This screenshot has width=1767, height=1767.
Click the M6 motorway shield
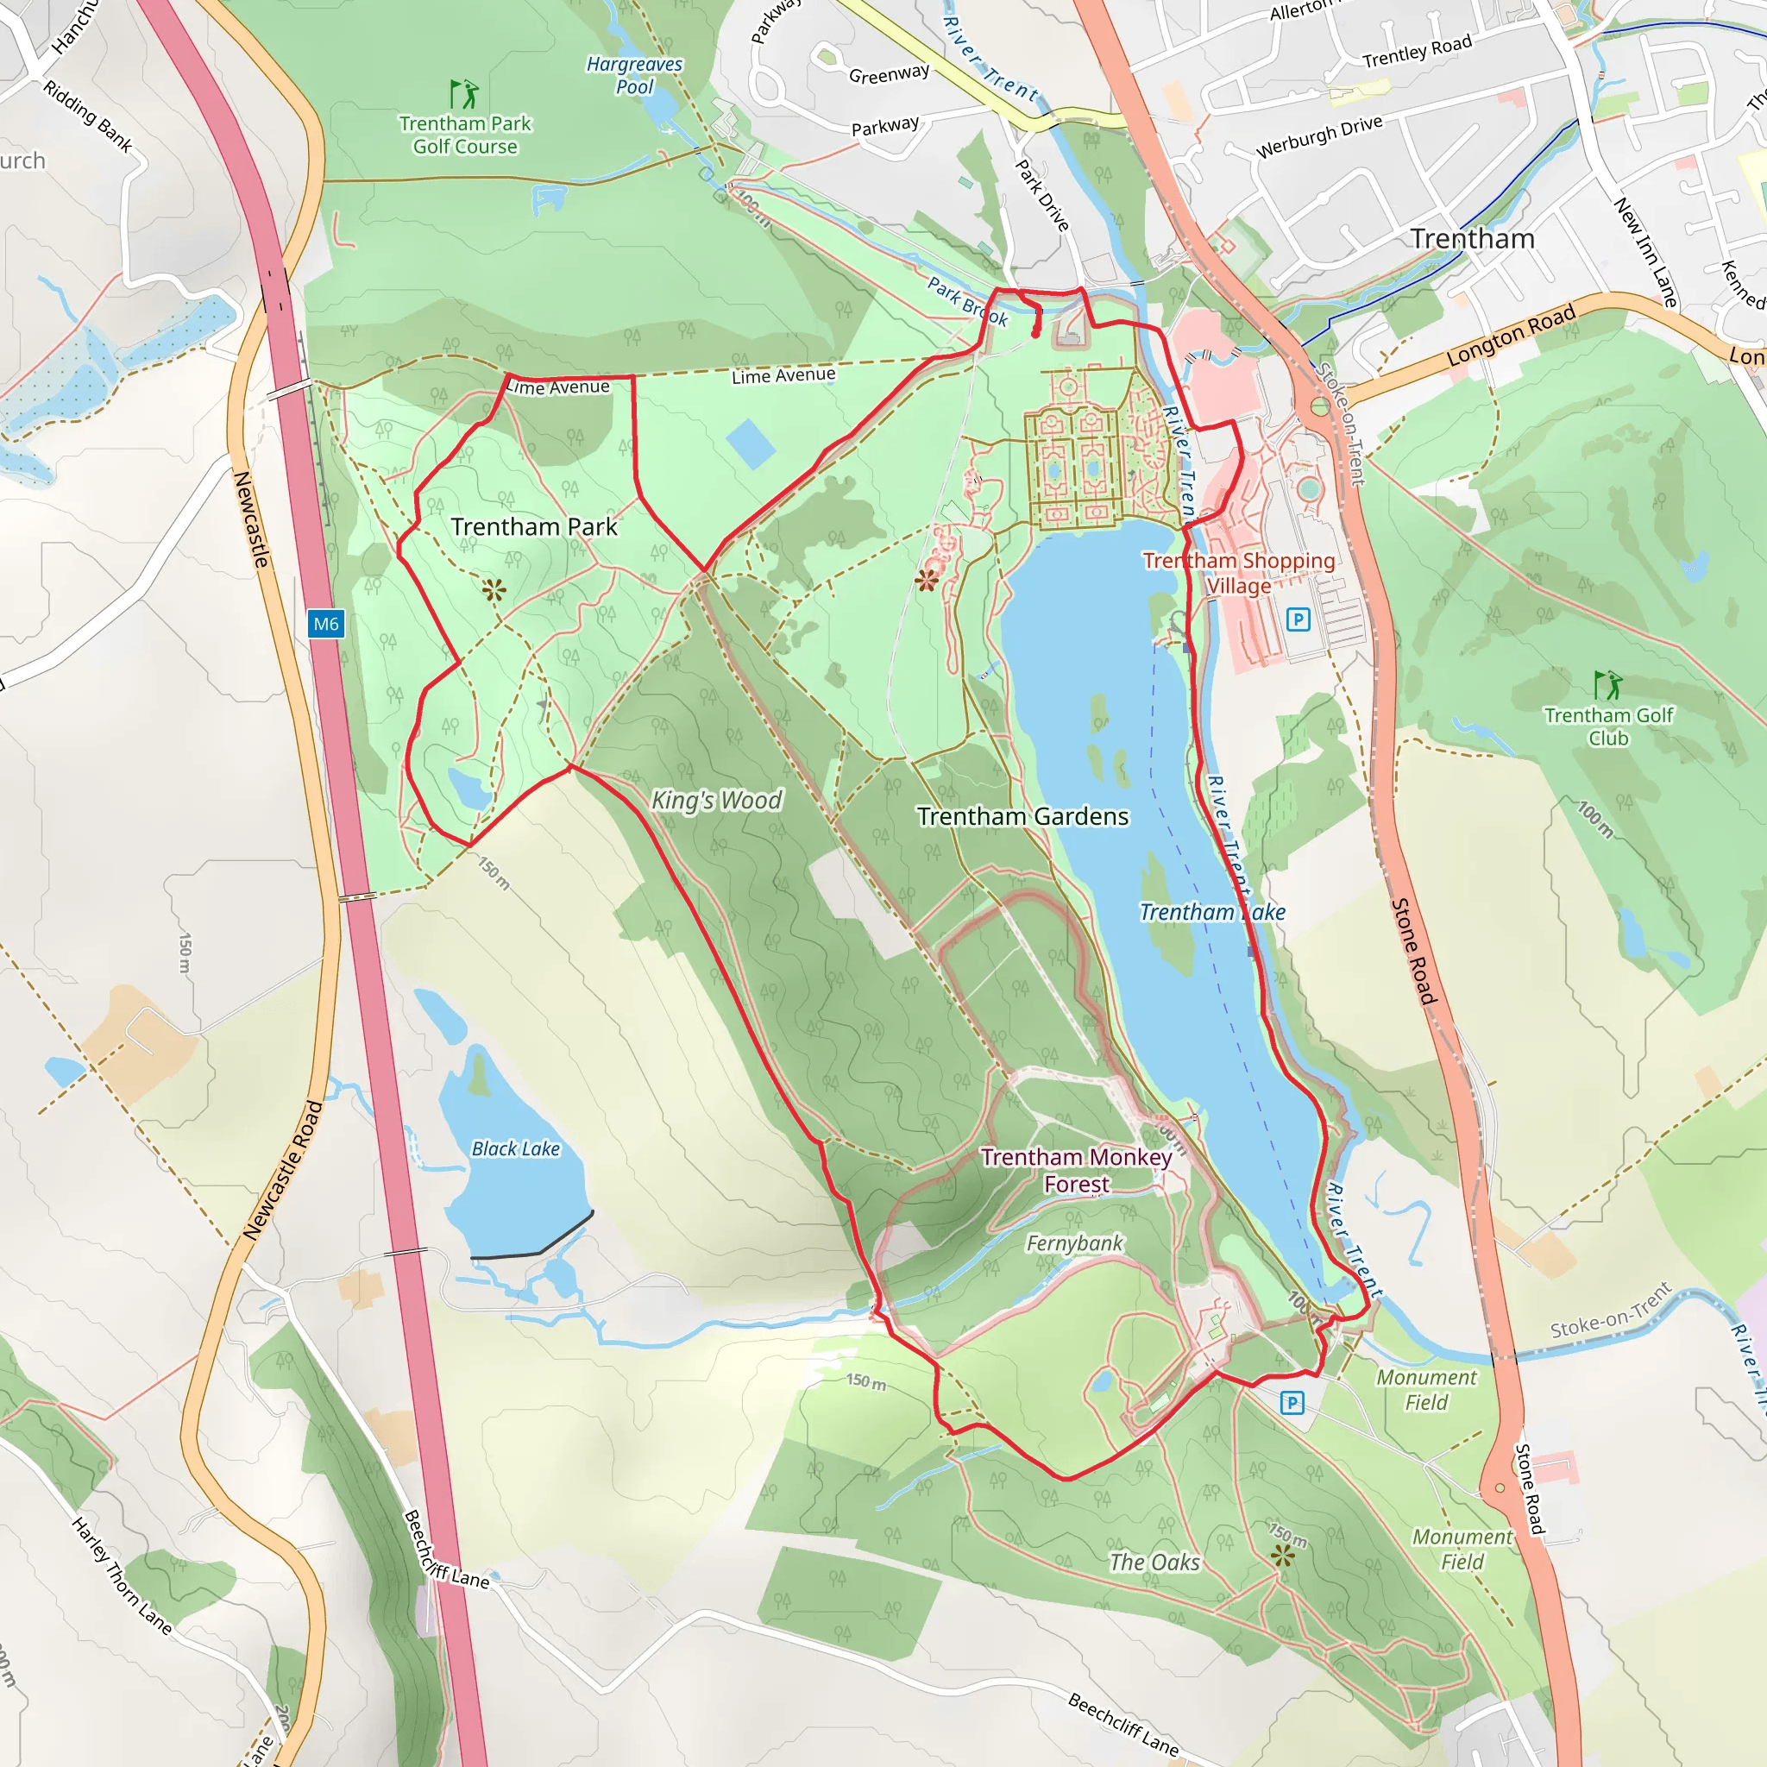click(x=325, y=625)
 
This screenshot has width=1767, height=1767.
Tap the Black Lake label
click(x=515, y=1148)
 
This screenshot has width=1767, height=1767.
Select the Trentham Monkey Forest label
click(x=1076, y=1171)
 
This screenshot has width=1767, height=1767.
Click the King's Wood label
click(x=716, y=801)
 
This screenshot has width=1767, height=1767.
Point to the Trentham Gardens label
click(x=1022, y=816)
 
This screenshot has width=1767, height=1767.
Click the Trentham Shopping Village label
click(x=1238, y=573)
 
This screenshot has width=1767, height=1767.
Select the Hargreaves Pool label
click(x=635, y=75)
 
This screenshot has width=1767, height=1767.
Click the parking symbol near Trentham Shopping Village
click(x=1298, y=620)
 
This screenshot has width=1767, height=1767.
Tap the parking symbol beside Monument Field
click(x=1292, y=1402)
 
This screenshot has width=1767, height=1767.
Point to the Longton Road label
click(x=1511, y=335)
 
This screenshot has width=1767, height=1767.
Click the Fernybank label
click(x=1073, y=1243)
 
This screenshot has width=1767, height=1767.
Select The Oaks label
click(x=1154, y=1563)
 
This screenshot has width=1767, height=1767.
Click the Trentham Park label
click(x=534, y=527)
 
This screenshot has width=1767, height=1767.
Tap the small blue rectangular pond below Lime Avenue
click(x=750, y=443)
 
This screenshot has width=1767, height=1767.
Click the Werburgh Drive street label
click(x=1319, y=136)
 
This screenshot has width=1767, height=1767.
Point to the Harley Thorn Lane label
click(x=123, y=1575)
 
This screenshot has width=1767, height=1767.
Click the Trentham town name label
click(x=1472, y=239)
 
